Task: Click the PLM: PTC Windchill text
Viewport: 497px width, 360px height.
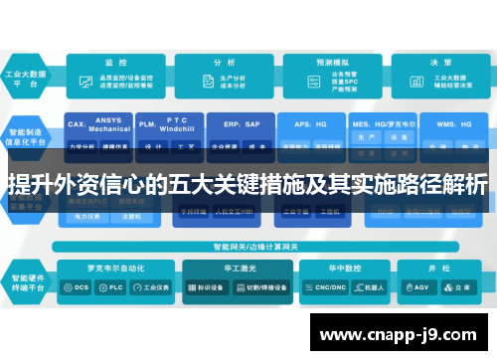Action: click(168, 122)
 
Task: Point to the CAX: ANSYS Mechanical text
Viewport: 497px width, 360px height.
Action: click(99, 123)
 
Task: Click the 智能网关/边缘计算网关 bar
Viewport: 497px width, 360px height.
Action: click(246, 246)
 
